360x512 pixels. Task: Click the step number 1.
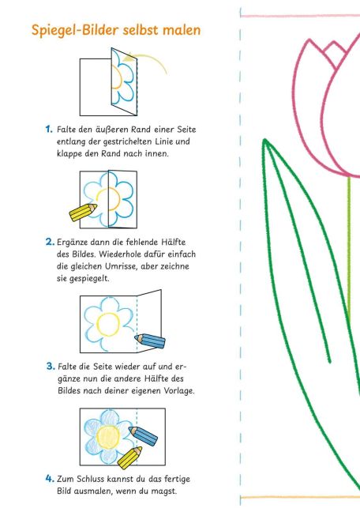click(49, 128)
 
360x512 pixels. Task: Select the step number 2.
click(49, 240)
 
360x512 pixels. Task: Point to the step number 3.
click(49, 366)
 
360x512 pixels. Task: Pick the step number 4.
click(49, 478)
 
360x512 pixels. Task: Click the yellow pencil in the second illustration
click(81, 213)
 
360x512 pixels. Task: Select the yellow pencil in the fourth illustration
click(126, 456)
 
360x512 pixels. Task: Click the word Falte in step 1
click(68, 128)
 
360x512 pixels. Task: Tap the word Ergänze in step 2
click(74, 240)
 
